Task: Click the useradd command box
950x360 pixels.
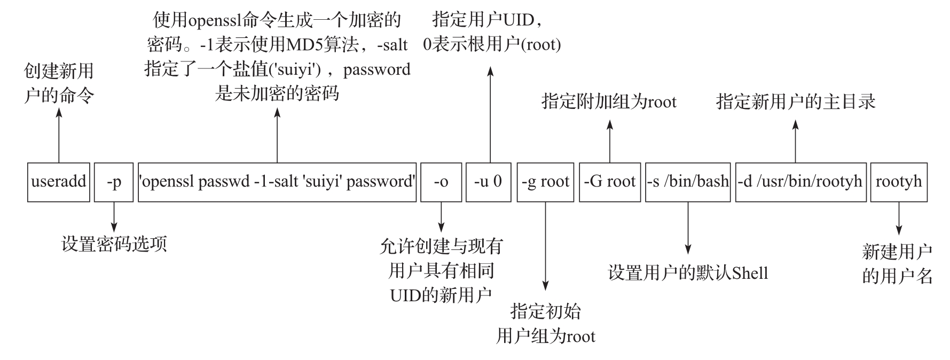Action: point(59,182)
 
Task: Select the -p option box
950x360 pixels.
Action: point(114,182)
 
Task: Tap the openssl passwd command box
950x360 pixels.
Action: point(277,182)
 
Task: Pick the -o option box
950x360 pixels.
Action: point(441,182)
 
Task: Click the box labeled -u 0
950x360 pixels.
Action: point(488,182)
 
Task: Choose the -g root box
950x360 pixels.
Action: point(545,182)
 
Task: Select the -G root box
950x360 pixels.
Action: point(610,182)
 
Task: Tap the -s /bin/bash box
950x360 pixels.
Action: point(688,182)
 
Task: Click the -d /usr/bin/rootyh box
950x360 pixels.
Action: point(800,182)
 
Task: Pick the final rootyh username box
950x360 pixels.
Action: point(899,182)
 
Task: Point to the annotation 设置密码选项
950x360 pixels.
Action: point(114,244)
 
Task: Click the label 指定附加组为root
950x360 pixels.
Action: point(609,101)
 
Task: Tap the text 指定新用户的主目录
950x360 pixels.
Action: point(796,101)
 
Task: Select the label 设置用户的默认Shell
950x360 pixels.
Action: point(688,273)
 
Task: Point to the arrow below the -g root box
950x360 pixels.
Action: point(545,246)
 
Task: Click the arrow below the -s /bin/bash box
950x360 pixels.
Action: point(688,227)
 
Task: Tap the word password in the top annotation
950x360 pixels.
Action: point(376,69)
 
